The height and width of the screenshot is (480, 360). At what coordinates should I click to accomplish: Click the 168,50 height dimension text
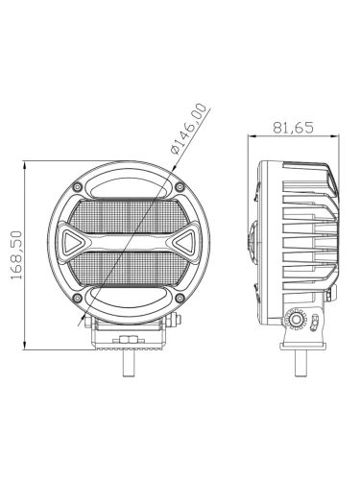pyautogui.click(x=16, y=255)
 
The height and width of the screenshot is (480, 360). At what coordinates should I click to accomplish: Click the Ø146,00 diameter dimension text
pyautogui.click(x=189, y=129)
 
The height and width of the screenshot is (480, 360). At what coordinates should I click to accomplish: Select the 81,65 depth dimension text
pyautogui.click(x=293, y=128)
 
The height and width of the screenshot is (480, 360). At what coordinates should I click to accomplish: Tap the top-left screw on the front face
pyautogui.click(x=77, y=187)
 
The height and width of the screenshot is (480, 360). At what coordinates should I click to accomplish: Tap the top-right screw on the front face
pyautogui.click(x=180, y=187)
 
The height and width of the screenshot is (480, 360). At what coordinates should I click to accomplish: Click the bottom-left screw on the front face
pyautogui.click(x=77, y=298)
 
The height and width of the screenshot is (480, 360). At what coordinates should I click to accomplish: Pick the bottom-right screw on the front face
pyautogui.click(x=180, y=298)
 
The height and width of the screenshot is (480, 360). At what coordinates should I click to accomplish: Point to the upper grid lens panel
pyautogui.click(x=125, y=217)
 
